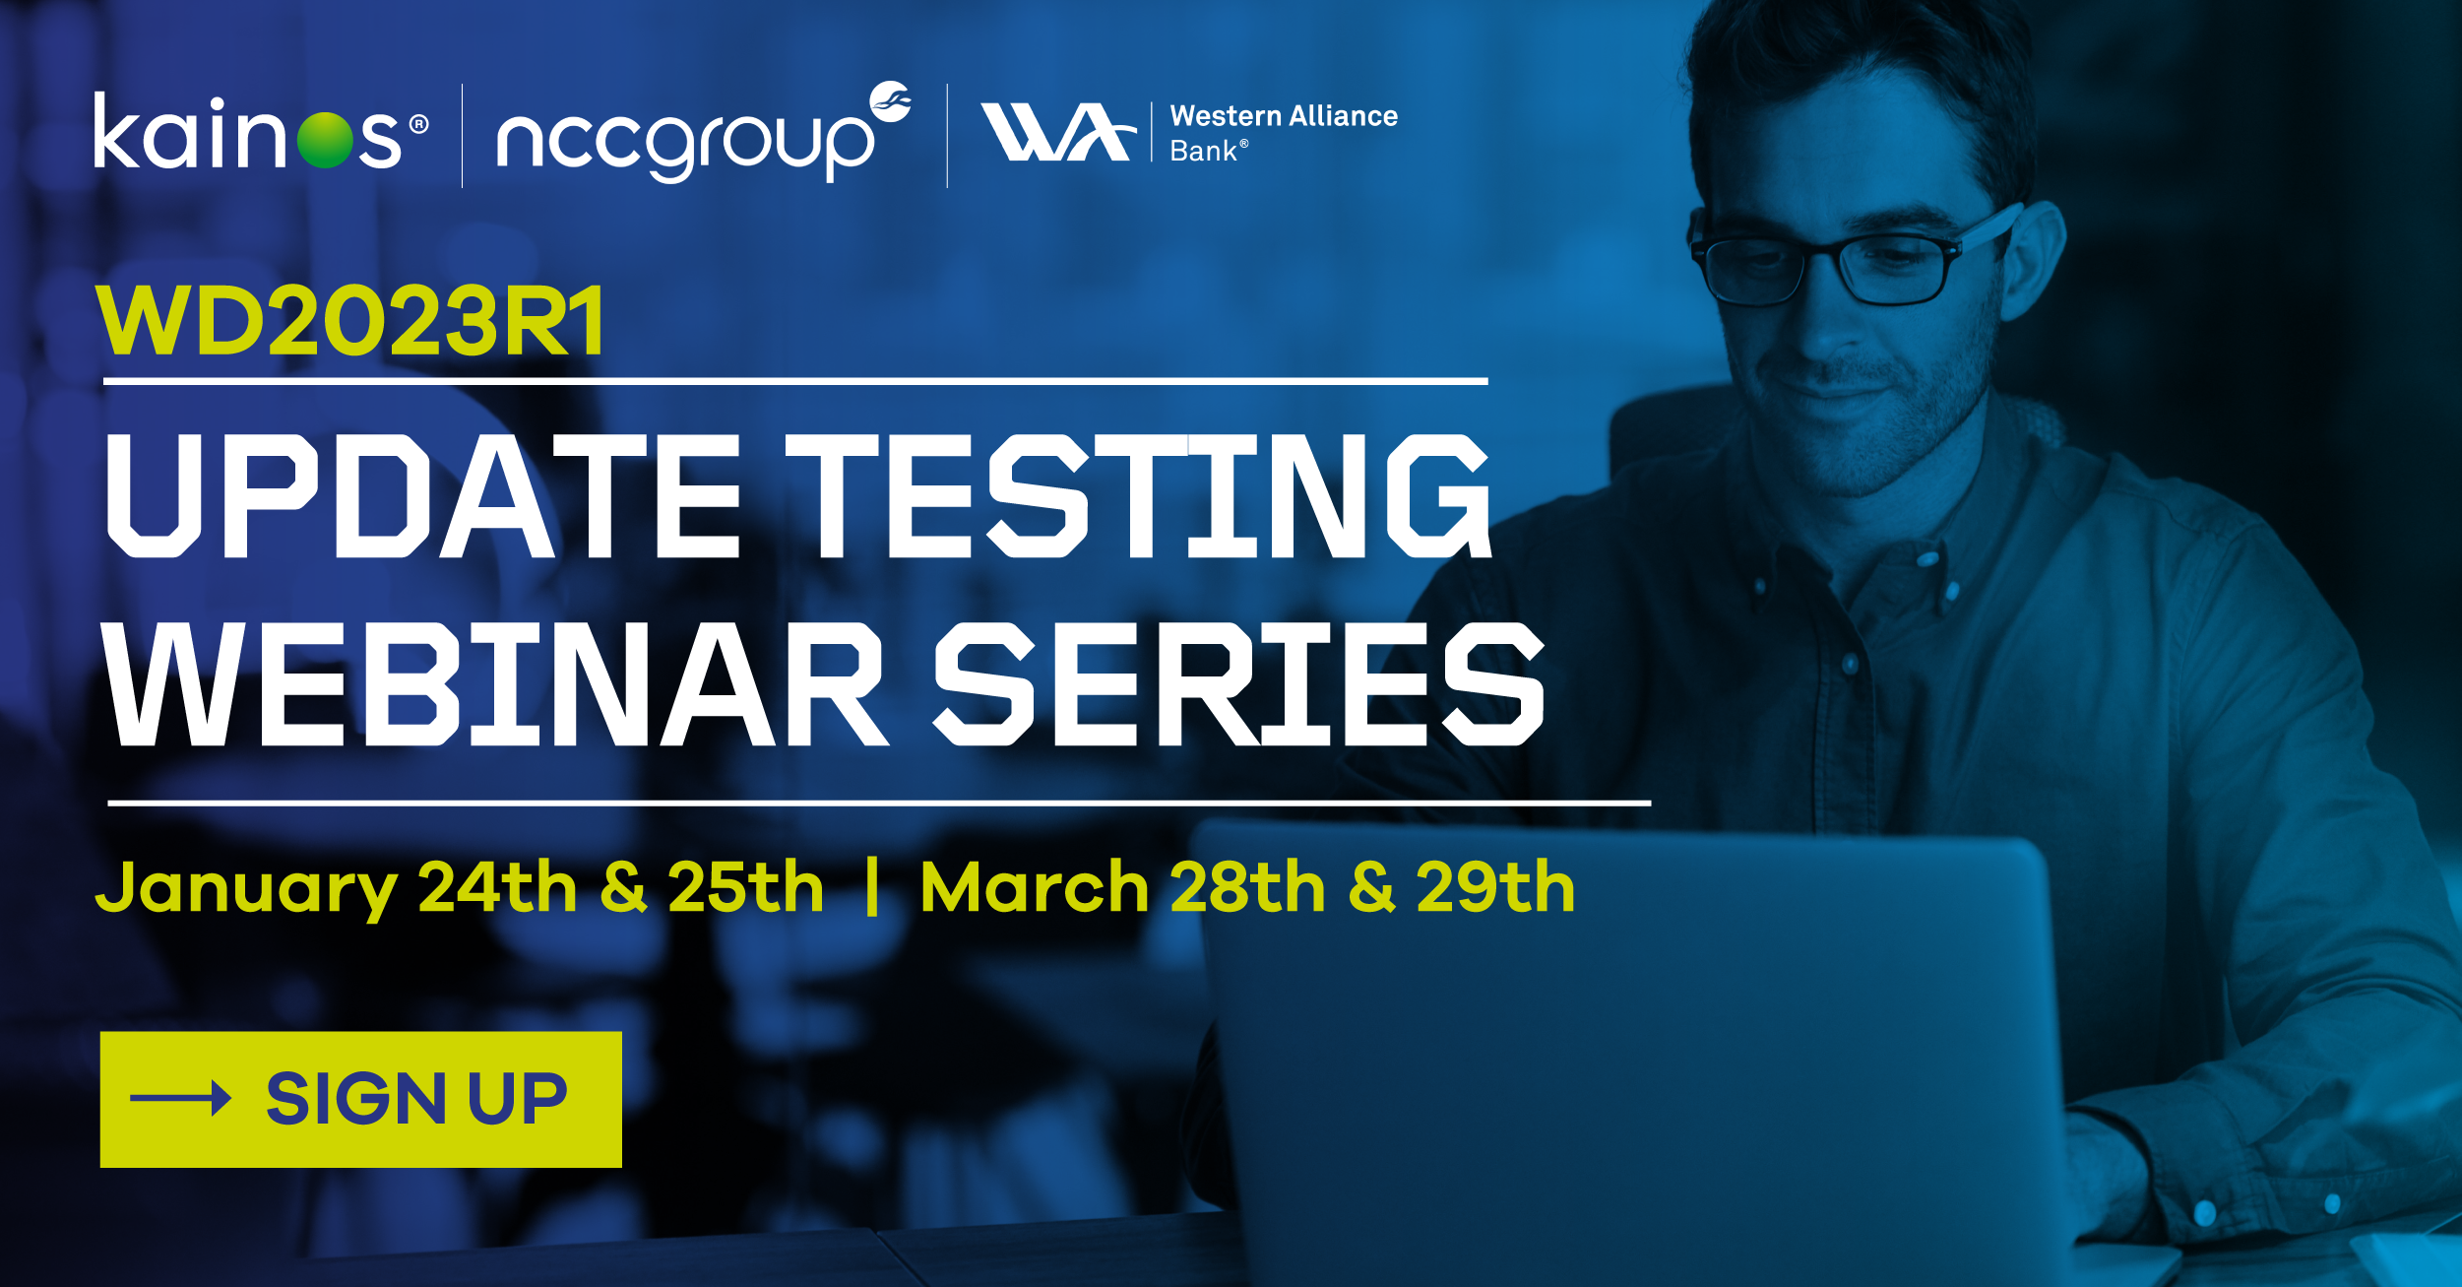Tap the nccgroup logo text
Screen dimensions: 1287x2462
(x=684, y=143)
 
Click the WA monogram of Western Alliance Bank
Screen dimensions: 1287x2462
(x=1056, y=132)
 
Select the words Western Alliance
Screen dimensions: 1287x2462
(x=1283, y=116)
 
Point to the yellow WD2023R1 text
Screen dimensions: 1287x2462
(x=351, y=321)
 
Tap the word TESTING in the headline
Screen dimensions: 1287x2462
(x=1137, y=496)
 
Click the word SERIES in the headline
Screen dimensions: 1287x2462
(x=1237, y=684)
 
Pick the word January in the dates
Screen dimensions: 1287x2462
(x=245, y=889)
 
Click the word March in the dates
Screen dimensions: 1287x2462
(x=1034, y=888)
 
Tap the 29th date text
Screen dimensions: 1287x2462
(x=1494, y=887)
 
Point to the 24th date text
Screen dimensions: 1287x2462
(x=497, y=887)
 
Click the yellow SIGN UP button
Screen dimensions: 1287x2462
(x=360, y=1099)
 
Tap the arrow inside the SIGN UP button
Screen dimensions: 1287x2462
(x=180, y=1098)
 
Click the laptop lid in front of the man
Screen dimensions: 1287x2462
(x=1624, y=1034)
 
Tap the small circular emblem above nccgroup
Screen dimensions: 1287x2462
(x=891, y=100)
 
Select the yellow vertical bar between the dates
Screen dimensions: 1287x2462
(x=871, y=887)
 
